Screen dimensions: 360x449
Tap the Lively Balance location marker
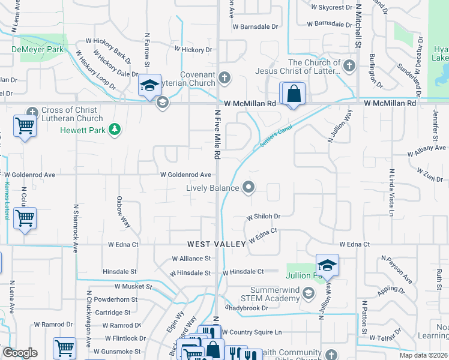point(249,188)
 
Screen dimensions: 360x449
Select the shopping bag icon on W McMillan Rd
point(293,94)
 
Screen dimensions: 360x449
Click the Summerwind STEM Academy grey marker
point(309,293)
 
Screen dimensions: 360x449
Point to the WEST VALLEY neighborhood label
point(216,244)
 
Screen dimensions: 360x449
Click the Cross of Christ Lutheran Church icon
point(32,110)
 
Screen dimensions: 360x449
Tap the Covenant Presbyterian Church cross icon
point(224,77)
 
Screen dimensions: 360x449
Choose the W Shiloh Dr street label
point(264,217)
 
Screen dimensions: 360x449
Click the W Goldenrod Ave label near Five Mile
point(185,175)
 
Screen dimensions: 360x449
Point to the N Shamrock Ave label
point(76,229)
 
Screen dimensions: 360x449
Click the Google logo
point(20,352)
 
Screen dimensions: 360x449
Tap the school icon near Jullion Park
point(327,265)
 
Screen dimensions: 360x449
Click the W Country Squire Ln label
point(252,332)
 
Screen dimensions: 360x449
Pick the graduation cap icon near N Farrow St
point(149,85)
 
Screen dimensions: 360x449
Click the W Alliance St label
point(191,259)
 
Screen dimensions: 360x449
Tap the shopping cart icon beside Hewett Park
point(25,127)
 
